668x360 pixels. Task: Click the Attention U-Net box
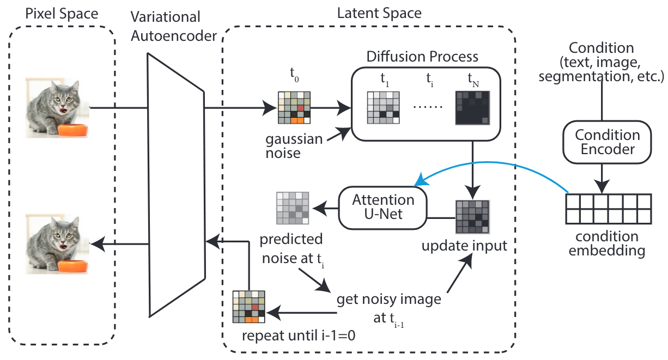point(382,207)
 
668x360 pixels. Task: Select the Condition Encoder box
point(608,142)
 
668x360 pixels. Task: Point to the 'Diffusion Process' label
point(422,57)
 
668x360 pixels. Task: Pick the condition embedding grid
point(608,208)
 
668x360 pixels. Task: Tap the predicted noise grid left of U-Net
point(292,208)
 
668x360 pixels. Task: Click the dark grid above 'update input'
point(472,217)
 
